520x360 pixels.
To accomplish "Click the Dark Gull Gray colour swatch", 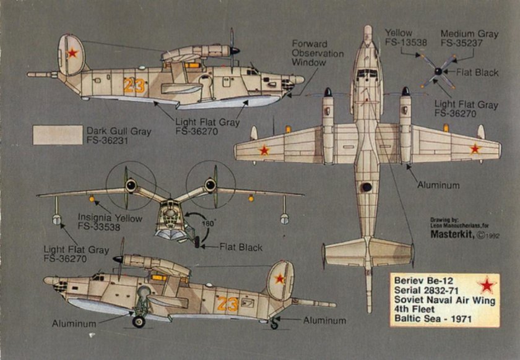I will [x=57, y=135].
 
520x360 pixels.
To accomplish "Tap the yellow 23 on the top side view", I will [x=134, y=85].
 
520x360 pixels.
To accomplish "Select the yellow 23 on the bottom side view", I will [x=227, y=304].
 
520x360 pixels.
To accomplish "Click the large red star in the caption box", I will [x=488, y=285].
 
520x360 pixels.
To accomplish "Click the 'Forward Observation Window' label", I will [x=317, y=54].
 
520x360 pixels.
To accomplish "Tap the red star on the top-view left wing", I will [x=264, y=150].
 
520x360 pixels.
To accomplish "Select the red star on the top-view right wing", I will [x=475, y=148].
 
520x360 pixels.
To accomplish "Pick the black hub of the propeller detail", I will [x=438, y=72].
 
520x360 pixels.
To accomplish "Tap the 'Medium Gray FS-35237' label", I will [x=469, y=39].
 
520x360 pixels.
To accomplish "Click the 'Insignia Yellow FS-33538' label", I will [x=110, y=223].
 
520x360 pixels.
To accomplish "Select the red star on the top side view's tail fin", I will [x=72, y=53].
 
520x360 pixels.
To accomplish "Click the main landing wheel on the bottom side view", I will [x=139, y=321].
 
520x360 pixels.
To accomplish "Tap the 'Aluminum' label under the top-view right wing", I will [x=438, y=185].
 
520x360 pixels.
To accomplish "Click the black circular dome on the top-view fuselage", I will [x=367, y=186].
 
